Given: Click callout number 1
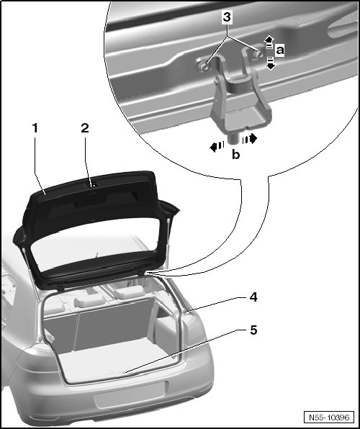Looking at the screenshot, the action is [x=35, y=128].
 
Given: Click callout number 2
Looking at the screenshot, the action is [x=85, y=128].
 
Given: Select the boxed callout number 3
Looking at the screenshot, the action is [x=227, y=17].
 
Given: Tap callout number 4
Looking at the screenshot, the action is [x=253, y=297].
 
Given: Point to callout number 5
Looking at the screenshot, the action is [x=253, y=330].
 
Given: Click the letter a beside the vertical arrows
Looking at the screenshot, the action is [x=280, y=50].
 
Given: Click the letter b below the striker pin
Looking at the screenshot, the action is [x=235, y=154].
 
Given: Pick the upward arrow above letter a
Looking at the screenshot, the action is [x=269, y=41].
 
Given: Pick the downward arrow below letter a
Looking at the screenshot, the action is [x=271, y=63].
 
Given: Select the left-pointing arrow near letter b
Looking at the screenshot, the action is [x=217, y=147].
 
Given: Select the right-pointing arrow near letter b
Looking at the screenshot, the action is [x=250, y=139].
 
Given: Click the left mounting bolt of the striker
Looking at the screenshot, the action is [x=202, y=66].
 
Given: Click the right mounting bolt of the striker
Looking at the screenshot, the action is [x=258, y=53].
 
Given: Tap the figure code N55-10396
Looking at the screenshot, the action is [x=329, y=417].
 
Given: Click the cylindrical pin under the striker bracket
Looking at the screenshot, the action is [x=233, y=139].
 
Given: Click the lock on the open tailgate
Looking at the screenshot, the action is [x=93, y=186].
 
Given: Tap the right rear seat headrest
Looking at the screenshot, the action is [x=129, y=292].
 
